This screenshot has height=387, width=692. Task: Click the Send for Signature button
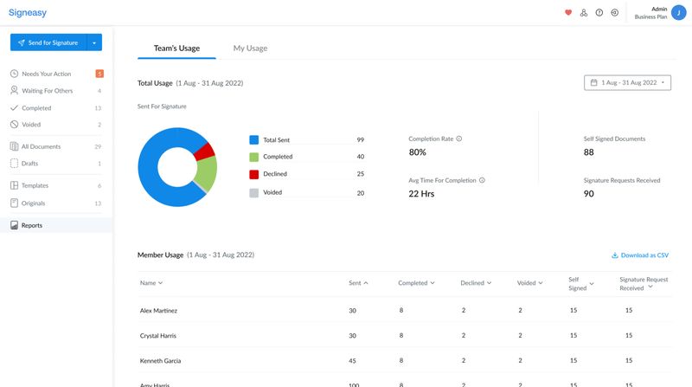coord(48,42)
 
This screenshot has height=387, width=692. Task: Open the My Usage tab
coord(250,48)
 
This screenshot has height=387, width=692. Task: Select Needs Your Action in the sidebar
coord(46,74)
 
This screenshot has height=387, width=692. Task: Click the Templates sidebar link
coord(35,186)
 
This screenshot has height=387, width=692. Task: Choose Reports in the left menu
coord(32,225)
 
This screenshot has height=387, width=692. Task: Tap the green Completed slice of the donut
coord(206,174)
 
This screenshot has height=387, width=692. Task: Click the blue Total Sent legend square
coord(254,139)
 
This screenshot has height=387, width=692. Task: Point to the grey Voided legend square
coord(254,193)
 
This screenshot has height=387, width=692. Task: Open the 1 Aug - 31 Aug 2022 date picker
coord(628,82)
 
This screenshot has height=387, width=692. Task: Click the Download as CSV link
coord(640,255)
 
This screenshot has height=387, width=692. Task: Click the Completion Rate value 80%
coord(417,152)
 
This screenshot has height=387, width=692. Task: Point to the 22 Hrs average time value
coord(421,194)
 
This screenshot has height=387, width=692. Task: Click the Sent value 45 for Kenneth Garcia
coord(352,360)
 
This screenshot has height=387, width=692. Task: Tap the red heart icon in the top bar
coord(568,13)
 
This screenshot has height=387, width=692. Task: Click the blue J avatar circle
coord(679,13)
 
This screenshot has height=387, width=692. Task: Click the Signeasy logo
coord(28,13)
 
